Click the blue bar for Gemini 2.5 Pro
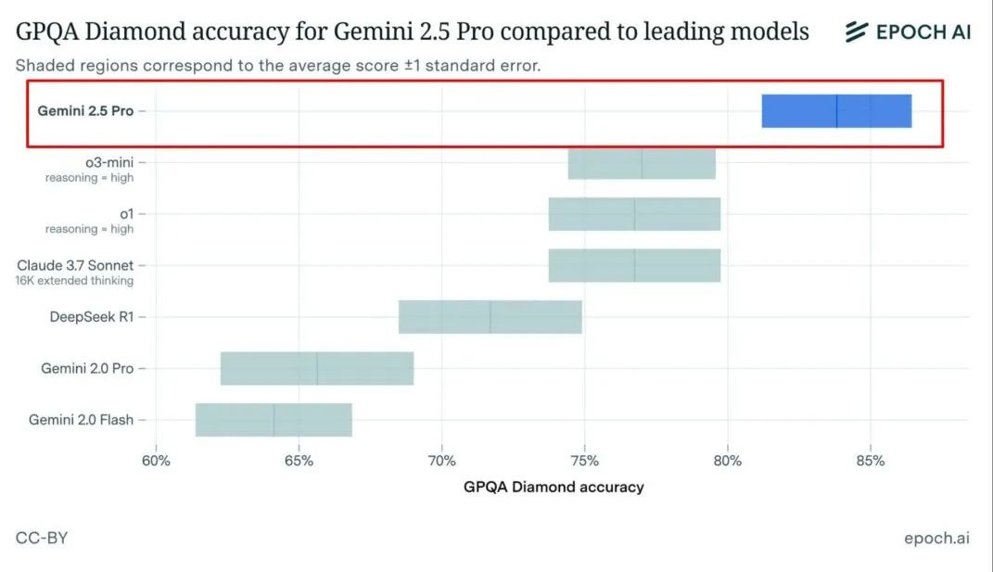click(x=836, y=111)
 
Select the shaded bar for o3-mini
click(x=642, y=163)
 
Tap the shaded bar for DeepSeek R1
click(x=490, y=317)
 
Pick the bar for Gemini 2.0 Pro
click(x=317, y=369)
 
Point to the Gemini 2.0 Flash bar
click(x=274, y=420)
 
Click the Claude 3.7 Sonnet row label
click(x=75, y=265)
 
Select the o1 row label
click(x=126, y=213)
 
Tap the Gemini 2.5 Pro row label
click(x=85, y=110)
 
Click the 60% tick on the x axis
click(x=156, y=460)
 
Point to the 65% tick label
click(x=299, y=460)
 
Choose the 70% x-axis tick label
click(x=442, y=460)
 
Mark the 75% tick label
click(x=585, y=460)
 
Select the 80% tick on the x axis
click(x=728, y=460)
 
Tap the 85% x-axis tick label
click(x=871, y=460)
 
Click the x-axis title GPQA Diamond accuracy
click(x=554, y=487)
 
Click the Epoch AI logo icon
click(x=856, y=32)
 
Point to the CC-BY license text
click(x=42, y=538)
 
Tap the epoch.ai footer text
click(x=936, y=538)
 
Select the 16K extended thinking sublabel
click(x=75, y=281)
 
